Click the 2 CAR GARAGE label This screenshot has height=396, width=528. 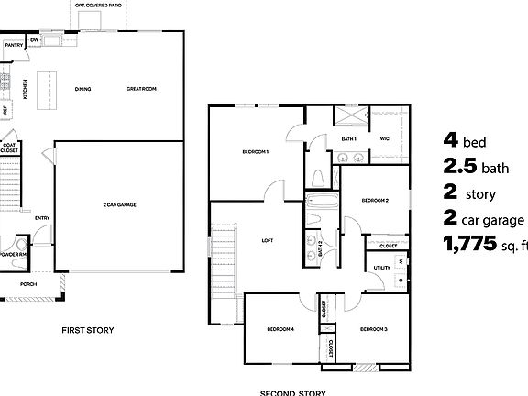[119, 204]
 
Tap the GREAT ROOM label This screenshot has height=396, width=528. [141, 89]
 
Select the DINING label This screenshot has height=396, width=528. [82, 89]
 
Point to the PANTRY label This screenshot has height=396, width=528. [13, 44]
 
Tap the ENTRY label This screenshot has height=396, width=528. [42, 217]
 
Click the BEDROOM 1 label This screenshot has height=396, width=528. [256, 151]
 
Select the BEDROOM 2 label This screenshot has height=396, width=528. [375, 200]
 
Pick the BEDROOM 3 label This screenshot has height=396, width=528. [373, 328]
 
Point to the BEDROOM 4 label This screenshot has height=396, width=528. [280, 328]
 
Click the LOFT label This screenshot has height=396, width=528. [268, 240]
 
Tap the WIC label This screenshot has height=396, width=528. [385, 138]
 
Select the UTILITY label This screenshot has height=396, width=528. [382, 268]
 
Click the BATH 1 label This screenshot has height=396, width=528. [348, 138]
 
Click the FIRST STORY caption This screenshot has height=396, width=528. [88, 330]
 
